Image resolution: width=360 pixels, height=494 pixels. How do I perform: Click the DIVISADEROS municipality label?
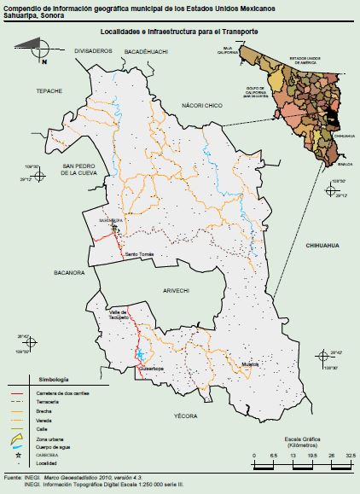(x=93, y=51)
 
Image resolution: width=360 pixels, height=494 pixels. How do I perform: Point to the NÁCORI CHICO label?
(x=201, y=105)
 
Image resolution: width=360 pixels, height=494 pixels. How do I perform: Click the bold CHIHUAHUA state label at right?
(x=322, y=245)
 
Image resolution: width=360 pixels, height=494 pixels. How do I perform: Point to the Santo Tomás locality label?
(x=139, y=254)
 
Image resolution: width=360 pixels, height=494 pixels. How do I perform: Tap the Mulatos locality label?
(x=249, y=364)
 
